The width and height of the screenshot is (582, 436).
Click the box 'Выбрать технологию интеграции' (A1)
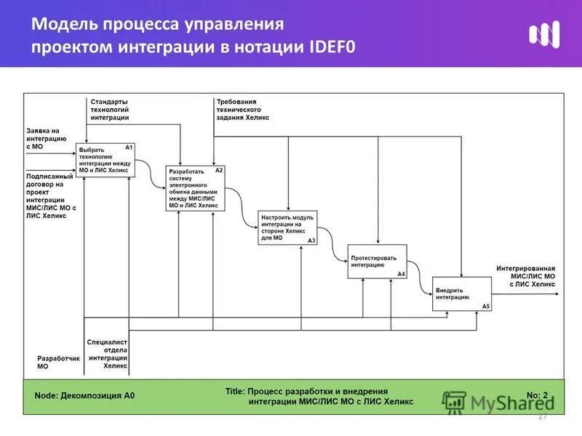pyautogui.click(x=105, y=160)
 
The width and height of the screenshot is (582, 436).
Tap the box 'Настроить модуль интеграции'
pyautogui.click(x=287, y=227)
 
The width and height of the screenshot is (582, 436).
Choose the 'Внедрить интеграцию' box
pyautogui.click(x=462, y=294)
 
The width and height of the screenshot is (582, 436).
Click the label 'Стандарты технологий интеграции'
pyautogui.click(x=110, y=108)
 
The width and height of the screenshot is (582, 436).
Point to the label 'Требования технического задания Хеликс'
pyautogui.click(x=243, y=109)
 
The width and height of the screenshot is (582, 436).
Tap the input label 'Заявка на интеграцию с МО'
pyautogui.click(x=47, y=138)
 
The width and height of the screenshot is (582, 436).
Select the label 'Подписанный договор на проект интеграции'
pyautogui.click(x=50, y=195)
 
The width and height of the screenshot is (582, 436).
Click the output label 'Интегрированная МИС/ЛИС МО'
pyautogui.click(x=527, y=276)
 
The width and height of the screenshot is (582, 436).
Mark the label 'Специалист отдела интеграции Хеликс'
pyautogui.click(x=108, y=353)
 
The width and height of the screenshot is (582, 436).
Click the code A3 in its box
pyautogui.click(x=311, y=241)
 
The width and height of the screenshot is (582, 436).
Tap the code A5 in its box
pyautogui.click(x=486, y=307)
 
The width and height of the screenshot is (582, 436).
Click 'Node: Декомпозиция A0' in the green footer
pyautogui.click(x=85, y=396)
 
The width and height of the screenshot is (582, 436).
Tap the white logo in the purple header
pyautogui.click(x=544, y=34)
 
